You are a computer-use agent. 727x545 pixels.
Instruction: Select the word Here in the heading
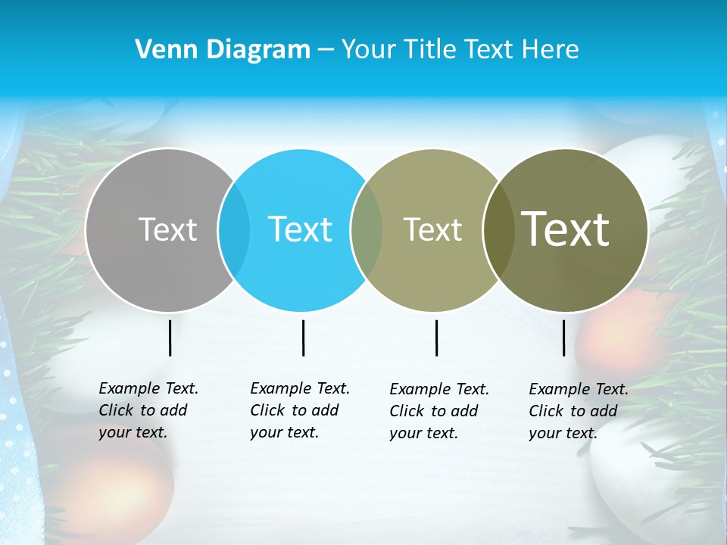pos(551,50)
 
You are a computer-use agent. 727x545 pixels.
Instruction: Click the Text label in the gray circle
pos(167,229)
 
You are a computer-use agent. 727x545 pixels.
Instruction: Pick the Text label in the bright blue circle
pos(301,229)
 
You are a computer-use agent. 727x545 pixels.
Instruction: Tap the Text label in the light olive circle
pos(432,229)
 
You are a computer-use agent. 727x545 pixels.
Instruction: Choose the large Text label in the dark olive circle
pos(565,229)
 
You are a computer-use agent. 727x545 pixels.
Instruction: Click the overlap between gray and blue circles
pos(234,230)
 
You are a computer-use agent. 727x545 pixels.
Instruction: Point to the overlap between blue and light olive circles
pos(367,230)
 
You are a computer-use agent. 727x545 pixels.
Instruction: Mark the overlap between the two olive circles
pos(497,230)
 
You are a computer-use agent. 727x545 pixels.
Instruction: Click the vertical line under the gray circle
pos(170,338)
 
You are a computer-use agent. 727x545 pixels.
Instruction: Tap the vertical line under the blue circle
pos(303,338)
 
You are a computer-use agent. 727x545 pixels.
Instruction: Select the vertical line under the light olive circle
pos(436,338)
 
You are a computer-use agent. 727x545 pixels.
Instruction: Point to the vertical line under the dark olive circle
pos(563,338)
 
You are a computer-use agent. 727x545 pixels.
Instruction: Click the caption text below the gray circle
pos(148,410)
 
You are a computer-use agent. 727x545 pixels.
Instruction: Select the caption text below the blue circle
pos(300,410)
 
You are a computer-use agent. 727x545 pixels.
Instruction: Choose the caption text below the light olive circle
pos(439,411)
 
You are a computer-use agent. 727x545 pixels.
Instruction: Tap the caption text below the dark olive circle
pos(579,411)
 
